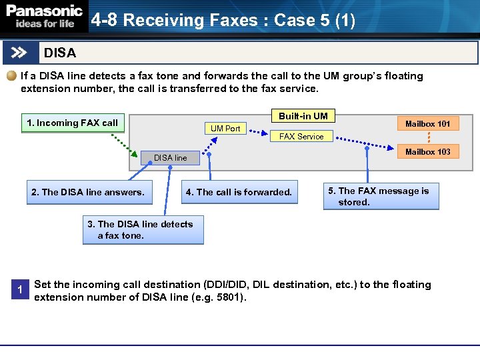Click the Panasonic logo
(x=45, y=17)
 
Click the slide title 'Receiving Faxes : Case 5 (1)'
(x=223, y=21)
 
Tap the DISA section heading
(x=60, y=53)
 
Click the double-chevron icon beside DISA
(x=20, y=53)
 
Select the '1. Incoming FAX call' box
(x=72, y=123)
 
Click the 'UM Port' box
(x=225, y=128)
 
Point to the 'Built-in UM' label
(x=303, y=116)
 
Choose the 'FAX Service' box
(x=301, y=136)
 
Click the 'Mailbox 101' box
(x=427, y=123)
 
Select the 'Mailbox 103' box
(x=427, y=151)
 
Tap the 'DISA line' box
(x=170, y=158)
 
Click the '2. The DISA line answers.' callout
(x=87, y=192)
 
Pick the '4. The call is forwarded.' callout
(x=239, y=192)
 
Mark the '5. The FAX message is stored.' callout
(x=381, y=196)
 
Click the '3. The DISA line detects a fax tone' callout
(x=143, y=229)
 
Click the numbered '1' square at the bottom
(x=21, y=289)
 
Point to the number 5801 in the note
(x=229, y=297)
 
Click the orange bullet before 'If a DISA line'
(x=11, y=76)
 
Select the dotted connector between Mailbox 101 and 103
(x=428, y=137)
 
